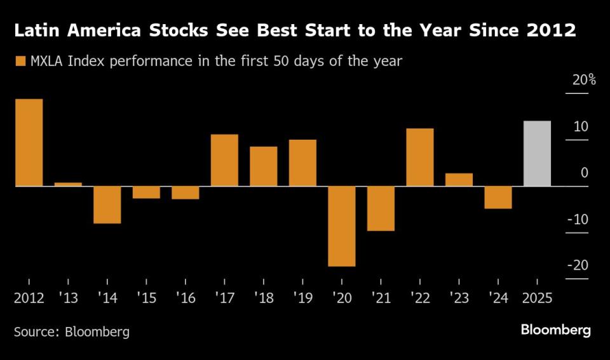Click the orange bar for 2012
click(29, 143)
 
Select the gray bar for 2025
click(537, 154)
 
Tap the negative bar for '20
click(342, 226)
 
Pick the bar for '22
click(420, 157)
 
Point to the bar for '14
click(107, 204)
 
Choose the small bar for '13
click(68, 184)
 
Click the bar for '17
click(224, 160)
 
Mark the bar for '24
click(498, 197)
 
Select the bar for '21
click(381, 208)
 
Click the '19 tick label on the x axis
click(302, 298)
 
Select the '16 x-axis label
click(185, 298)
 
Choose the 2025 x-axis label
click(537, 298)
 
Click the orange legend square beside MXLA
click(20, 62)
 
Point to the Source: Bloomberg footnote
click(72, 331)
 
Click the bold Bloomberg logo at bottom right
click(555, 330)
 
